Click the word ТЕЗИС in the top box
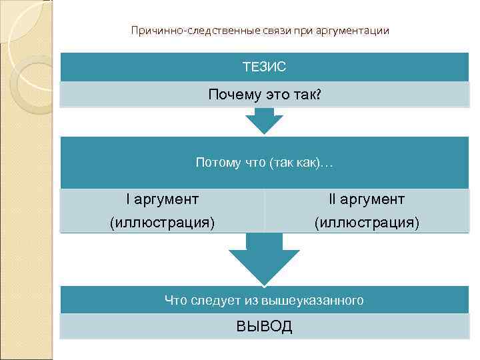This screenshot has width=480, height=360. tap(264, 67)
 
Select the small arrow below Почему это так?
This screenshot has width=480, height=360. tap(264, 121)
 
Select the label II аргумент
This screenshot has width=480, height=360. tap(367, 199)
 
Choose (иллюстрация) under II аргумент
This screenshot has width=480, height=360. tap(367, 222)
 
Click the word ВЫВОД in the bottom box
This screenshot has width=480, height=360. tap(264, 327)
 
